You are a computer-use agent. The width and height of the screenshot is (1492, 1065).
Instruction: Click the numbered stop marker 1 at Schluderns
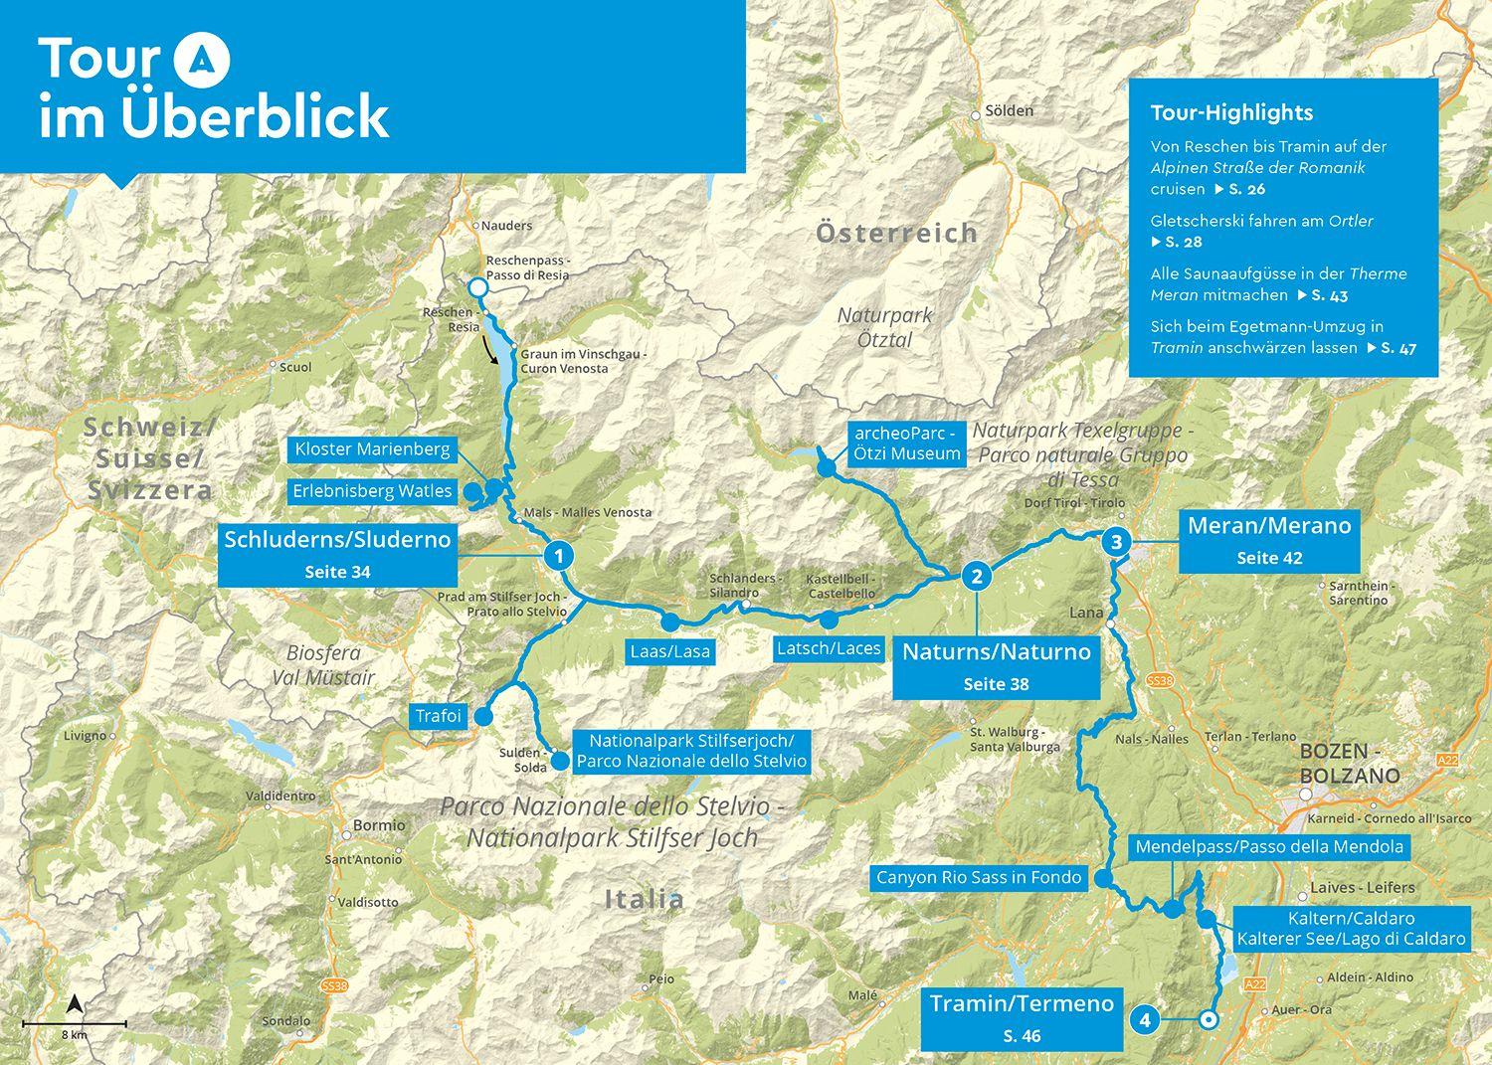559,555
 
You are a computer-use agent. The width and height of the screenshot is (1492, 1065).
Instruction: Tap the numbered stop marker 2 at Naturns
977,576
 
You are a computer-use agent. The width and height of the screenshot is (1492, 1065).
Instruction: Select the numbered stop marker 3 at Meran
1116,542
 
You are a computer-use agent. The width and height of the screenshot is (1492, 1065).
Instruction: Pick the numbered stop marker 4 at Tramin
1145,1019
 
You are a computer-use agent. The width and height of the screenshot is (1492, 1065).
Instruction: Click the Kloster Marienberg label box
372,449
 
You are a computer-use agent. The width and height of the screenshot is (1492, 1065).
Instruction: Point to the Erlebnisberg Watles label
372,491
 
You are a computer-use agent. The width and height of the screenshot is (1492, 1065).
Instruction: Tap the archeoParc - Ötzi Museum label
906,444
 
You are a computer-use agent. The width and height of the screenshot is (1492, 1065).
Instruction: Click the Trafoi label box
438,716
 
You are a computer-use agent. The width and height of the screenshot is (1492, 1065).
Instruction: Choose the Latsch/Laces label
829,648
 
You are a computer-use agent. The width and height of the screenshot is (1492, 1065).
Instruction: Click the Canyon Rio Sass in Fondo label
978,878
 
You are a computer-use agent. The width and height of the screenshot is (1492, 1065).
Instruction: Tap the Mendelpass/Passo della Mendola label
1269,847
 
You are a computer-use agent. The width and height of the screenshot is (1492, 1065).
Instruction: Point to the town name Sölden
1009,110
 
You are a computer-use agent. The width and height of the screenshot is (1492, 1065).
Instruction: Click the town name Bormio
379,825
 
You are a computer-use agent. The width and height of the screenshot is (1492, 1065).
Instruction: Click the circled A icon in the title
202,60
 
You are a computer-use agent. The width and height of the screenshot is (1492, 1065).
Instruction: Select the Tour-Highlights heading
1231,112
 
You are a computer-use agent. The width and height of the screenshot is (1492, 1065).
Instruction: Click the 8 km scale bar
74,1023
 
